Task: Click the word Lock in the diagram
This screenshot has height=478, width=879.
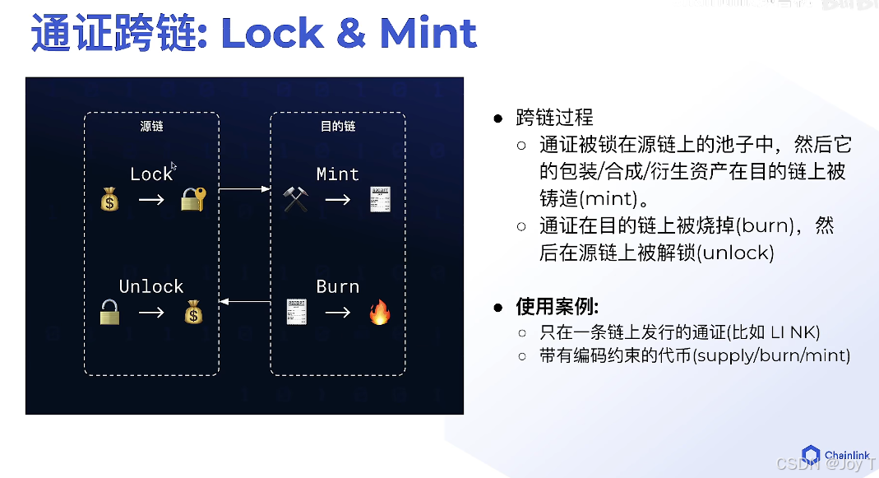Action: pos(151,174)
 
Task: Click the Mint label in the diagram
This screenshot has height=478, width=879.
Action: pos(337,174)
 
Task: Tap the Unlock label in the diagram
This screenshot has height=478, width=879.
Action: pos(151,286)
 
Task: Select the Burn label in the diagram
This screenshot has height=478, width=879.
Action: pos(337,286)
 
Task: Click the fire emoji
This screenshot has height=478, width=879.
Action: pos(379,313)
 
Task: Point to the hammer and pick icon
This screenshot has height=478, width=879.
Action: pos(295,199)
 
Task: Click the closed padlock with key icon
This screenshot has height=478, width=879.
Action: pos(193,199)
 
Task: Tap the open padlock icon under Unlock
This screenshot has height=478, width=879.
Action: pos(109,312)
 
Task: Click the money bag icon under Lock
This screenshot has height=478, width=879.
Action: pos(109,199)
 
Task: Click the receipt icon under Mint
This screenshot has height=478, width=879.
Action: pos(379,198)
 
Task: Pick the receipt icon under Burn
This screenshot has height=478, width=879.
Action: pos(295,312)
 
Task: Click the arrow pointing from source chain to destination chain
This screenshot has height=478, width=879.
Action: pos(245,189)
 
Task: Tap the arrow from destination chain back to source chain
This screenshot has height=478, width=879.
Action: pos(245,302)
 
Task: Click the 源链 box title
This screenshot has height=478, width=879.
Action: pos(152,127)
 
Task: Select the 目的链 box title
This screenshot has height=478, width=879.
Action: pos(338,127)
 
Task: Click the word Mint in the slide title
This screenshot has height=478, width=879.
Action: pos(428,34)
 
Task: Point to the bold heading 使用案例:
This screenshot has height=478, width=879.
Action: pos(557,307)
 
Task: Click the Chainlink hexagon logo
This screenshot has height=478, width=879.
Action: pos(811,455)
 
